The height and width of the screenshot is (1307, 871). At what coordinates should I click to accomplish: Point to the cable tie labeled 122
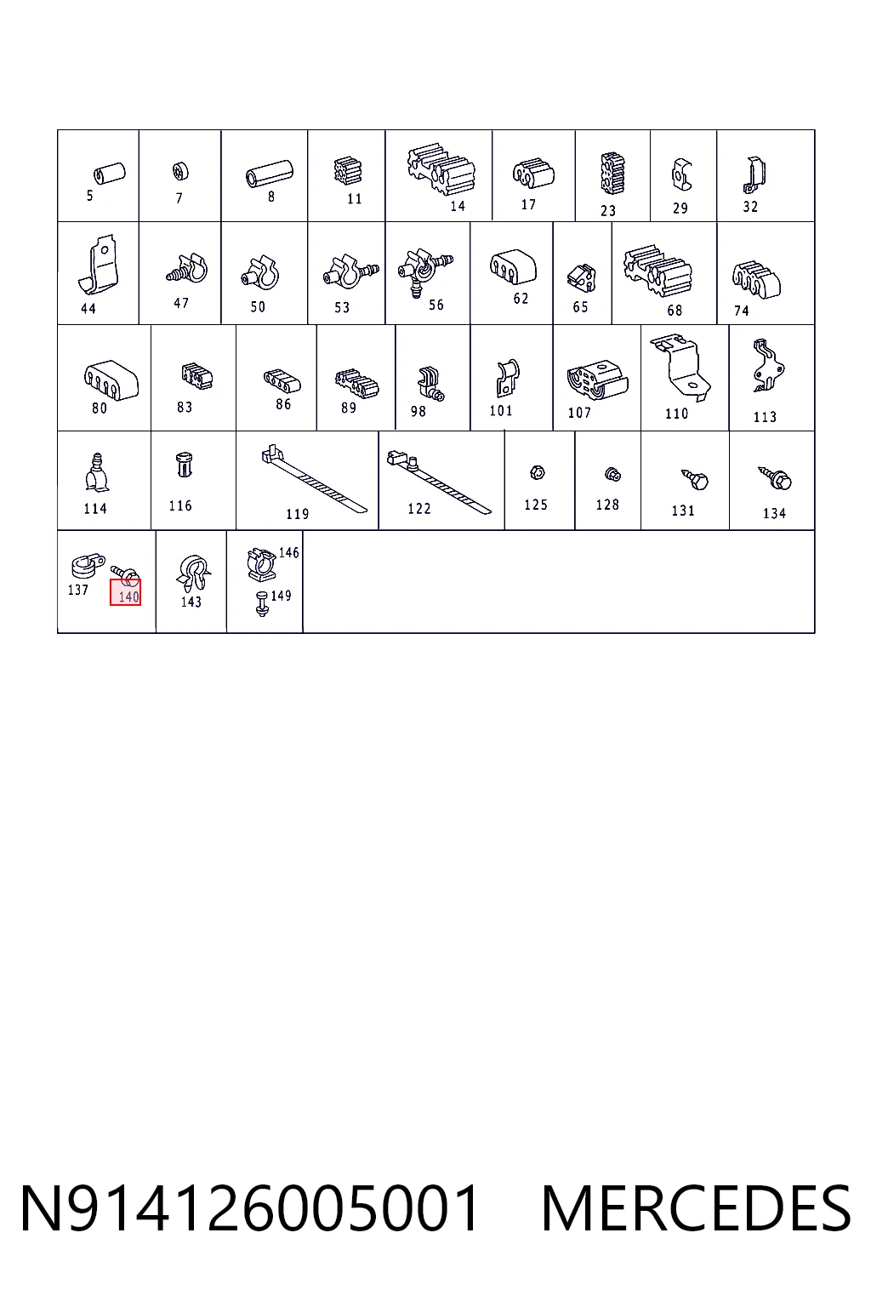[x=439, y=481]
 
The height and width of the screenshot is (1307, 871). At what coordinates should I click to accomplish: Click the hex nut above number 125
[x=538, y=472]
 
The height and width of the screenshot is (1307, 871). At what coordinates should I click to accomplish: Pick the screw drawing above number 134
[x=776, y=478]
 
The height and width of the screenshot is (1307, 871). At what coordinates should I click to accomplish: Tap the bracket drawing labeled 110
[x=680, y=367]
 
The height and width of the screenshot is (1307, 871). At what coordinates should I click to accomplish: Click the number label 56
[x=435, y=305]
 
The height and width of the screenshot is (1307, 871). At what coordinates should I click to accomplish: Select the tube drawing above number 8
[x=269, y=174]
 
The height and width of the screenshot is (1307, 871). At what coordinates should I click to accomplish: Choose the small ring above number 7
[x=181, y=172]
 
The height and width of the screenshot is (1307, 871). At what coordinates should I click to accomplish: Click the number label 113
[x=765, y=417]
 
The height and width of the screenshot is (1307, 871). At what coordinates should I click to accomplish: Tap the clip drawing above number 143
[x=193, y=574]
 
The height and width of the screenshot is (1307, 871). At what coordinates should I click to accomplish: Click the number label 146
[x=289, y=552]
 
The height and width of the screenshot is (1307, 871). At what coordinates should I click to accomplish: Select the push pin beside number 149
[x=262, y=603]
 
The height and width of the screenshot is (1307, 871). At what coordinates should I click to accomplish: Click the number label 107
[x=579, y=413]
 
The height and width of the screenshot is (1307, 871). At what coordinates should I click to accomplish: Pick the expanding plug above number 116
[x=184, y=465]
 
